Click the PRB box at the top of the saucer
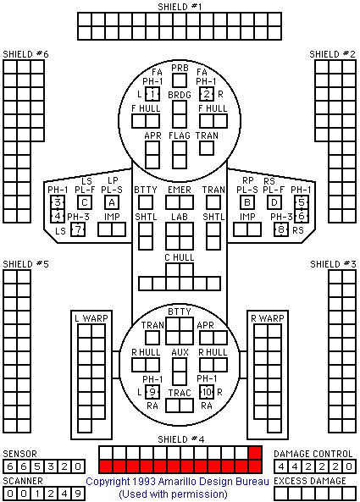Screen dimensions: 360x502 180,80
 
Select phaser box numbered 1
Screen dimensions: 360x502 152,94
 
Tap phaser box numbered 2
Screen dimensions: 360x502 207,94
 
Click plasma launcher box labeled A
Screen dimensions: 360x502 112,202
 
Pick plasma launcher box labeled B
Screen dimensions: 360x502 247,202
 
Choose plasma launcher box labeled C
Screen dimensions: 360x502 85,202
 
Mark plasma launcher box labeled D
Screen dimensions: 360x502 274,202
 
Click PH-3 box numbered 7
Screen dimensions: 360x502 78,229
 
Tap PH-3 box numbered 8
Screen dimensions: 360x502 281,229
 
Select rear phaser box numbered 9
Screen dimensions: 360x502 152,392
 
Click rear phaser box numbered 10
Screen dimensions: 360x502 207,392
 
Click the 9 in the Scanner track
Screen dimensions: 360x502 78,494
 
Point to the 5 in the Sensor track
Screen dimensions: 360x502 37,466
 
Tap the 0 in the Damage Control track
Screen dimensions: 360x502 349,466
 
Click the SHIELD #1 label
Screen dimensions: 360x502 180,7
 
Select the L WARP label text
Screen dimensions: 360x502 91,318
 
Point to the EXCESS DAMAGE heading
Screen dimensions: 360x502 310,481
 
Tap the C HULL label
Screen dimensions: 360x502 180,257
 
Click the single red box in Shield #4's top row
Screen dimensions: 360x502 255,453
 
